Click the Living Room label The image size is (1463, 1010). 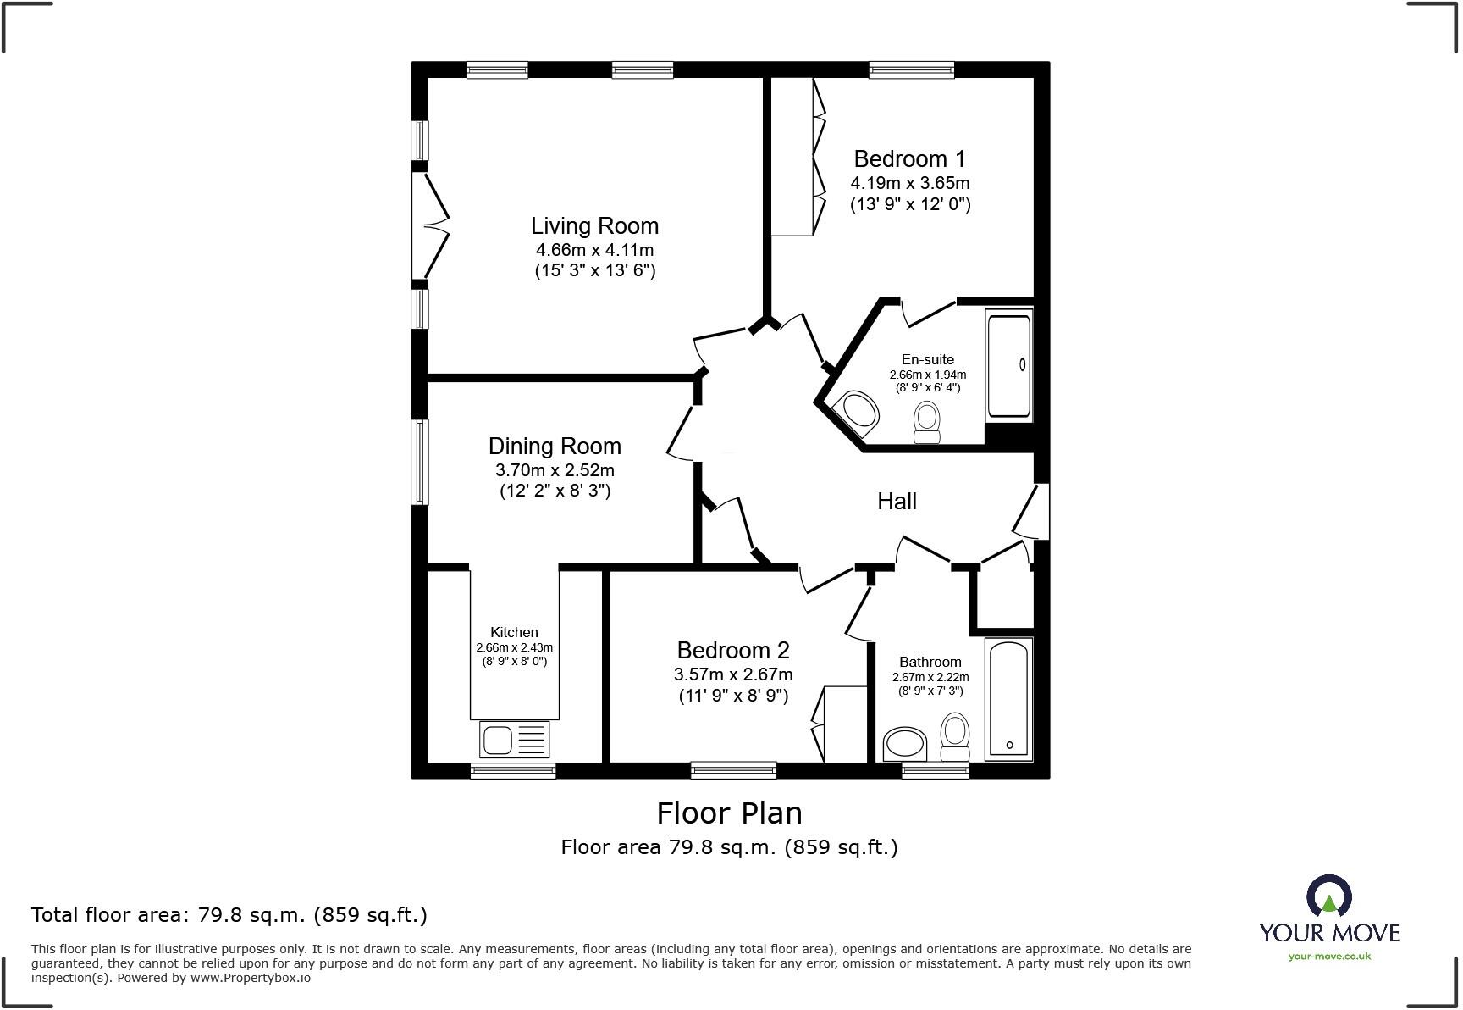[x=594, y=226]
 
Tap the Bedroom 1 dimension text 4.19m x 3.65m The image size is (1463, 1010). [x=910, y=183]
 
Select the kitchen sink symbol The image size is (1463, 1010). [x=514, y=739]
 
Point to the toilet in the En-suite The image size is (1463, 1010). [x=927, y=422]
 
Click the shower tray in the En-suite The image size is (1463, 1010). [x=1009, y=365]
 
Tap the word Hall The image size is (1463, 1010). [x=897, y=502]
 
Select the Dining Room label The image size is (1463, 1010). [x=555, y=447]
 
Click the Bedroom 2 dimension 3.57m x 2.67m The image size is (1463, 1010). [x=733, y=674]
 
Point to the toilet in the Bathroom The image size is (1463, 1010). [x=955, y=738]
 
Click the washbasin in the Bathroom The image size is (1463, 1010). [x=905, y=745]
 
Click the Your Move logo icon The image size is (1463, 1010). [x=1328, y=896]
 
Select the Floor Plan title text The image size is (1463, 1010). [x=729, y=813]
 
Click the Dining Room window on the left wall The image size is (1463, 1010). [x=419, y=462]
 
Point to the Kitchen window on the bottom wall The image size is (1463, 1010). [x=513, y=770]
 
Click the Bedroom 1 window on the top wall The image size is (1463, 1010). [x=912, y=70]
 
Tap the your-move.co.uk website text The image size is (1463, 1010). [x=1329, y=957]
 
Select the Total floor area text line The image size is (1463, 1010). [x=229, y=915]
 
